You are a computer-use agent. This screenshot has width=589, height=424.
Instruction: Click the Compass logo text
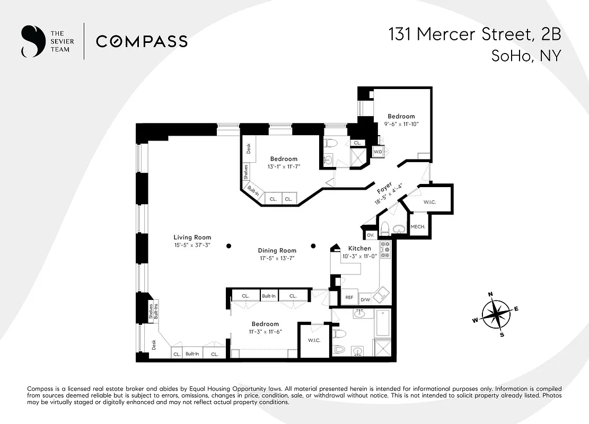click(142, 41)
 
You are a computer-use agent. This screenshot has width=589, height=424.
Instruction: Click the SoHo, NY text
click(525, 56)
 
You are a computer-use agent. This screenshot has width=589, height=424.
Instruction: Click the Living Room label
click(192, 237)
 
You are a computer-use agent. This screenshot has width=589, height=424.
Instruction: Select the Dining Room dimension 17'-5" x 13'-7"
click(277, 259)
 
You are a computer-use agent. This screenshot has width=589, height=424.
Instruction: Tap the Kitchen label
click(359, 248)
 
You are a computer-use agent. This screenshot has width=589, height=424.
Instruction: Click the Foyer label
click(384, 189)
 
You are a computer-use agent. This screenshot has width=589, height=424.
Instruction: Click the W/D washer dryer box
click(378, 152)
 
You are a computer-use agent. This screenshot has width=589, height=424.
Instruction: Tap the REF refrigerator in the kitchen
click(349, 298)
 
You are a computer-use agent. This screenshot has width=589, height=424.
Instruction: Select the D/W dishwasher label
click(365, 299)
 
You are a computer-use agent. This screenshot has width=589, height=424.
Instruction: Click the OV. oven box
click(370, 234)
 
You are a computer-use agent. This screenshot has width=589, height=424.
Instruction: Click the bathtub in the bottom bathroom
click(382, 323)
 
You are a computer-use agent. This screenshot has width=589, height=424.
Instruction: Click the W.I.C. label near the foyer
click(429, 202)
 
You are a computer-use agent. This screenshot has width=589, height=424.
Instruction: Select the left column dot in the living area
click(228, 245)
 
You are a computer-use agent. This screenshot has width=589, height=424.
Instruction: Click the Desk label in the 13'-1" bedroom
click(248, 148)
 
